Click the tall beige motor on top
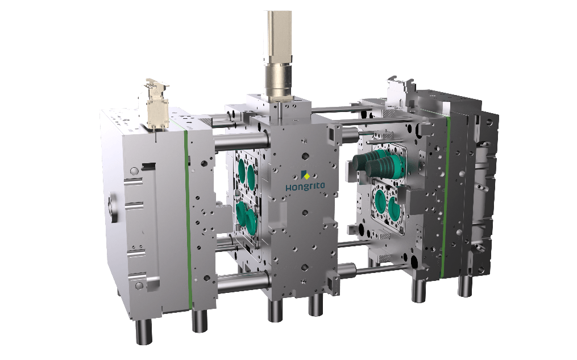277,34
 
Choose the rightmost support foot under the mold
465,284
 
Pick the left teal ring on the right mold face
381,199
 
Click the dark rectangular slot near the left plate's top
148,165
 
